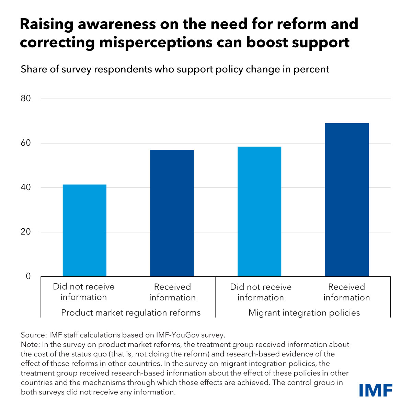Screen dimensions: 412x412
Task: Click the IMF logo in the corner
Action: click(x=376, y=390)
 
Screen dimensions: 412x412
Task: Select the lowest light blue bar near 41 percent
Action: click(x=84, y=230)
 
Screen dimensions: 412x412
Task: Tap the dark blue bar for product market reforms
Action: click(x=172, y=213)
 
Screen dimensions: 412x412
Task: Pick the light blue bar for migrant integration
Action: click(x=259, y=211)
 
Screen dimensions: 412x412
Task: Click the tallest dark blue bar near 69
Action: click(x=347, y=199)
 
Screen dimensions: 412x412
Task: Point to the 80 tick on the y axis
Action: click(x=26, y=99)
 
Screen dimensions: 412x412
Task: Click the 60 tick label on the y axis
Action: click(x=26, y=143)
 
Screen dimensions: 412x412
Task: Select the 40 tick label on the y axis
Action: click(x=26, y=187)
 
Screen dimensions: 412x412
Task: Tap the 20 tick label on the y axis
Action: click(x=26, y=232)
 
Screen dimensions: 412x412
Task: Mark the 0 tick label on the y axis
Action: click(x=28, y=276)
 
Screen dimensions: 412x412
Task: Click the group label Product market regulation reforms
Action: click(x=131, y=313)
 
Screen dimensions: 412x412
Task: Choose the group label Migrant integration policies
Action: click(x=304, y=313)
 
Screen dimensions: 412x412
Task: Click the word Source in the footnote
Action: click(x=32, y=335)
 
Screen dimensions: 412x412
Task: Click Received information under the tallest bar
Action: click(x=347, y=292)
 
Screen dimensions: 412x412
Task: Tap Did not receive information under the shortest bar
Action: click(x=84, y=292)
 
